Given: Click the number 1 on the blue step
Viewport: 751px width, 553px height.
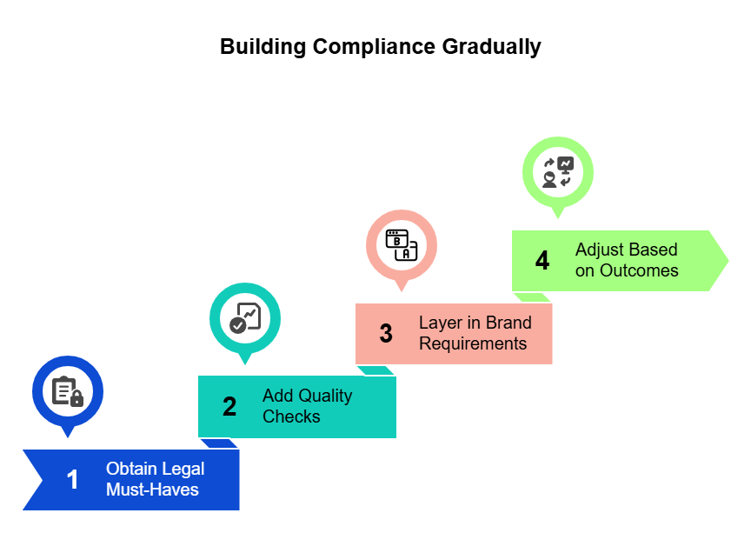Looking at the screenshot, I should tap(73, 479).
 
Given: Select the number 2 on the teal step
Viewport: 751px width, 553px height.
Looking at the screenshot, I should tap(229, 406).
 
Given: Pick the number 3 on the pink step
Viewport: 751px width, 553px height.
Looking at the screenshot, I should tap(386, 333).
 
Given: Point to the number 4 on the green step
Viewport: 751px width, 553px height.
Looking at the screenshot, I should tap(542, 260).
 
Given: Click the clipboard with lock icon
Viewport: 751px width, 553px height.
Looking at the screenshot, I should tap(68, 391).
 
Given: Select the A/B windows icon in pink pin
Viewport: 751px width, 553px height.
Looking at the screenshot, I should tap(402, 245).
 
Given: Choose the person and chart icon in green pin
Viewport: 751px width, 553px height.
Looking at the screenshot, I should tap(558, 172).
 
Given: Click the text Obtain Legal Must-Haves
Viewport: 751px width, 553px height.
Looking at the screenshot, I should tap(152, 479).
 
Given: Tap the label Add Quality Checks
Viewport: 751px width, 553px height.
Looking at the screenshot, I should tap(307, 406).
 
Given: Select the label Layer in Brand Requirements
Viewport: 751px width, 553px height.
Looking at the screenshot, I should tap(474, 333).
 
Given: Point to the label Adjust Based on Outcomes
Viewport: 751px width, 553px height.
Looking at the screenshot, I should tap(626, 260).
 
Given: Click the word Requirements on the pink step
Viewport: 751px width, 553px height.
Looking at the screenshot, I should tap(473, 343).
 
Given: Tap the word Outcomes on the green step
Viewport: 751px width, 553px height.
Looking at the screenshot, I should tap(639, 270).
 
